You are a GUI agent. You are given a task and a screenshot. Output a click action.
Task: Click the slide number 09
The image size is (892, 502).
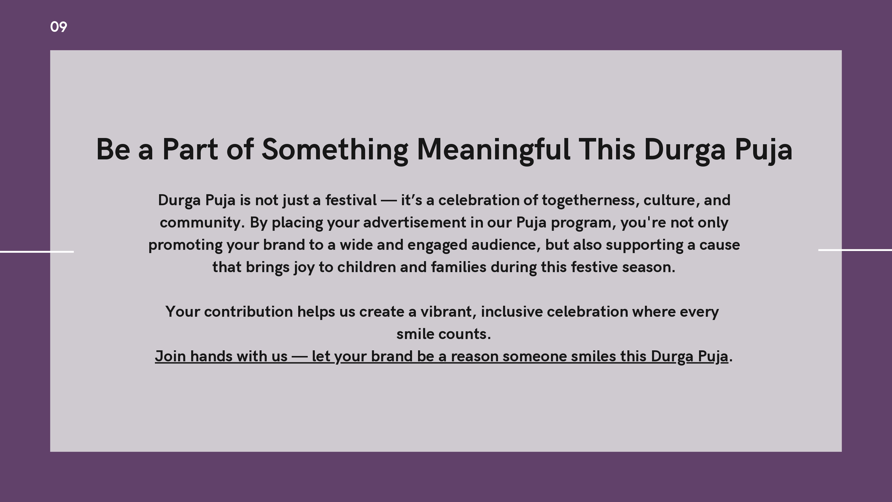pos(59,27)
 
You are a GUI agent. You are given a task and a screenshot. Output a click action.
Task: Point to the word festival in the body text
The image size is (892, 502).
pos(351,200)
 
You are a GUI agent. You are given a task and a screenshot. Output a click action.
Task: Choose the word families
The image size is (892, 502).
pos(458,267)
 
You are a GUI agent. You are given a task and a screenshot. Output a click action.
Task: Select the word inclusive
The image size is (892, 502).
pos(512,312)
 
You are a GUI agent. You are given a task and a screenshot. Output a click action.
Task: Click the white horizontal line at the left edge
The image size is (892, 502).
pos(37,252)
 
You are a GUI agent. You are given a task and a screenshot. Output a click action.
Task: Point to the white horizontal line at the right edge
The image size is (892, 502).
pos(855,250)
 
